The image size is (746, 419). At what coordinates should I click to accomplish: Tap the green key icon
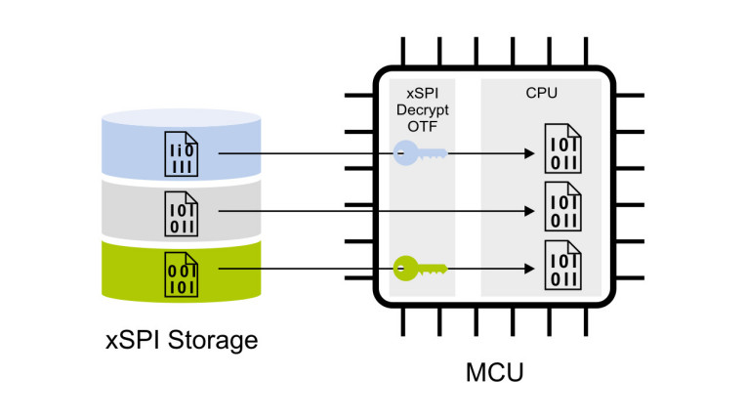pos(419,266)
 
